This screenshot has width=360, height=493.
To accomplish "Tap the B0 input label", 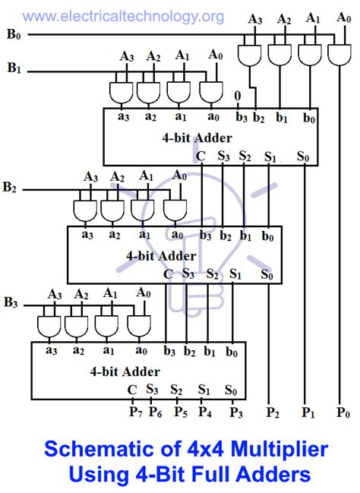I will [13, 34].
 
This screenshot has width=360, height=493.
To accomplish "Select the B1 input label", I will [13, 69].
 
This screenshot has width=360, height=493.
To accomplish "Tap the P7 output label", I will [134, 412].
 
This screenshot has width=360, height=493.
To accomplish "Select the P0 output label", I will [344, 412].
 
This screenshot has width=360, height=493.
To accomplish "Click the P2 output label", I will [271, 412].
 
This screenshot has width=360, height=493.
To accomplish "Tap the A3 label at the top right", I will [257, 20].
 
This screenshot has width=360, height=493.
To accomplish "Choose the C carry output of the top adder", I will [201, 156].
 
